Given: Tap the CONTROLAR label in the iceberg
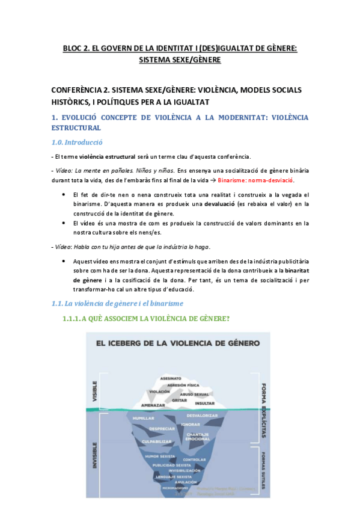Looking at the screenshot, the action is pos(203,459).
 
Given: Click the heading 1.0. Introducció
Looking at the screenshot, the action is pos(76,143).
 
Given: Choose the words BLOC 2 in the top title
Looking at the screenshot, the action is pos(78,48).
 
